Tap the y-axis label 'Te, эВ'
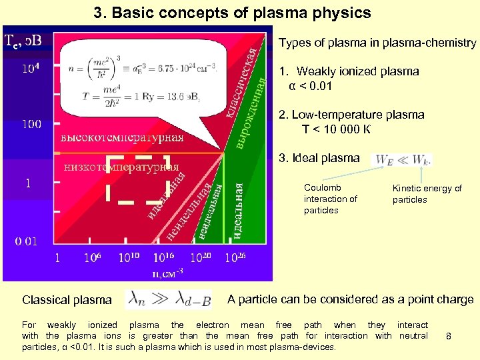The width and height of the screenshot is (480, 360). [23, 41]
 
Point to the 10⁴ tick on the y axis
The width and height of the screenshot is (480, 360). [35, 68]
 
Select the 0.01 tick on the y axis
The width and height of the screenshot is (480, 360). [27, 241]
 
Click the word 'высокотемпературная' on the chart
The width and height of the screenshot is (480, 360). [122, 138]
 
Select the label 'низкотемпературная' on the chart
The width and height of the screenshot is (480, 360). [121, 166]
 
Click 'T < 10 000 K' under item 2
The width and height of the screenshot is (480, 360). [345, 129]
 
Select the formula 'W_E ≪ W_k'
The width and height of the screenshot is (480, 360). [403, 159]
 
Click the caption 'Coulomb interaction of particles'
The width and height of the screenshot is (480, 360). [331, 199]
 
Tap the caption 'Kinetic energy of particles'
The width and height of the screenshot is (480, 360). [427, 193]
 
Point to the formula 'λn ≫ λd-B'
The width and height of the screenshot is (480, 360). [169, 300]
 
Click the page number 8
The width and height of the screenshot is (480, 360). [449, 337]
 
